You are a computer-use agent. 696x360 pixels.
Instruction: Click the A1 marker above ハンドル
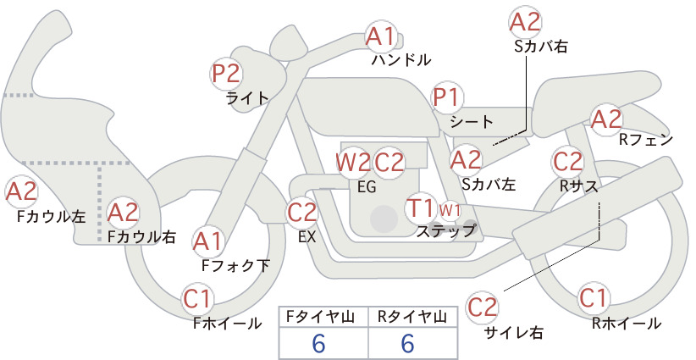pos(380,36)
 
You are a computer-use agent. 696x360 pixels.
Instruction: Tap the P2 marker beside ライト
pos(226,74)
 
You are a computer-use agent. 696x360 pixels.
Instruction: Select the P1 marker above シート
pos(447,97)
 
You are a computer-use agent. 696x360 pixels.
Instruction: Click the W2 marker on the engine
pos(352,163)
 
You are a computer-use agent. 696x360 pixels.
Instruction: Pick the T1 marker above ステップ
pos(421,208)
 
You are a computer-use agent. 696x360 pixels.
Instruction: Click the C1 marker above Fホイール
pos(197,299)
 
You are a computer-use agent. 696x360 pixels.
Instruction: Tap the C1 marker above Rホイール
pos(594,298)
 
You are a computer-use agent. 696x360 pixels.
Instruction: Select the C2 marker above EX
pos(302,212)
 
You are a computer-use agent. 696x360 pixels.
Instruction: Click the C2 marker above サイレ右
pos(482,307)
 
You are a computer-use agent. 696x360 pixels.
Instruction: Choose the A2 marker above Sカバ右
pos(526,22)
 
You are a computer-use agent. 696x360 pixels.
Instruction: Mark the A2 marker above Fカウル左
pos(21,191)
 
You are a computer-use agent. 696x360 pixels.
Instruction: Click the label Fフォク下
pos(235,265)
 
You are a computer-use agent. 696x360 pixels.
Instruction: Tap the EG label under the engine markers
pos(367,187)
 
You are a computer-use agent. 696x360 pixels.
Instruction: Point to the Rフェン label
pos(646,141)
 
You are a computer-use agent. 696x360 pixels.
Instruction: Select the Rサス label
pos(578,186)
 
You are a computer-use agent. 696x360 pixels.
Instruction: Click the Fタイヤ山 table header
pos(321,317)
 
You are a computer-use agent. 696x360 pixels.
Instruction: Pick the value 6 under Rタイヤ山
pos(407,343)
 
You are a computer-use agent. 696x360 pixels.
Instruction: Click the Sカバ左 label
pos(489,184)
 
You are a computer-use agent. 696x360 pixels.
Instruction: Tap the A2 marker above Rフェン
pos(606,119)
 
